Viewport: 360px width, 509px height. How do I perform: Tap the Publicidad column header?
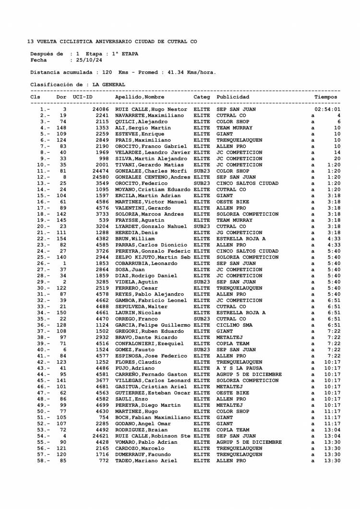[233, 97]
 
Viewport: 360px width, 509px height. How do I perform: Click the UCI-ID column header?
[83, 97]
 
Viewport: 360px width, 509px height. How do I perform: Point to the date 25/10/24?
[86, 60]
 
